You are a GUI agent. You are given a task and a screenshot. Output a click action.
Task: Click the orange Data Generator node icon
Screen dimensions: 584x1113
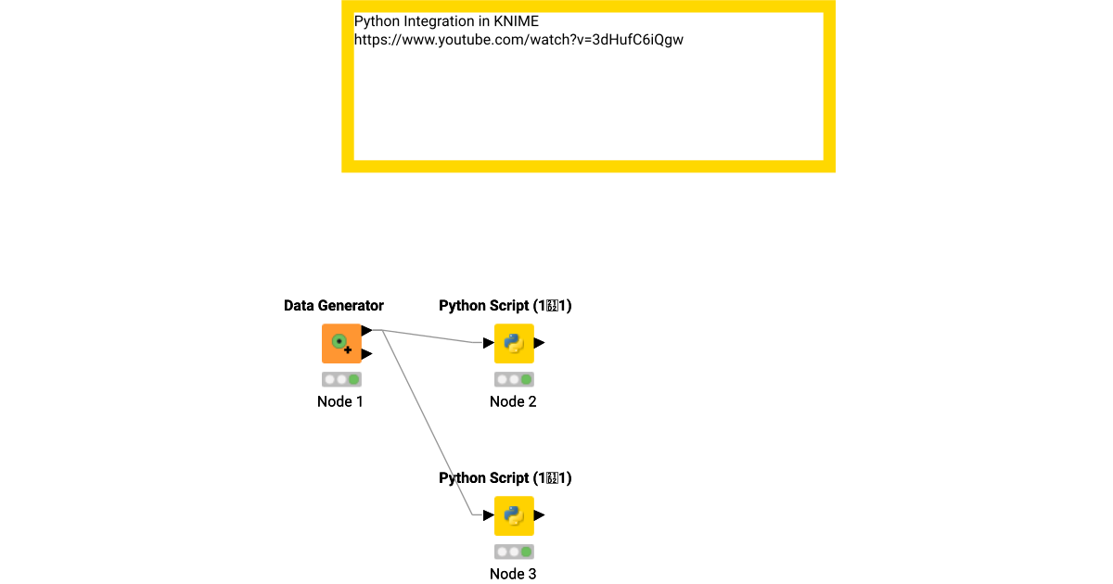click(341, 344)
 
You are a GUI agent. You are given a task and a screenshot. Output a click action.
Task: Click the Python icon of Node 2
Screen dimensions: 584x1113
click(514, 344)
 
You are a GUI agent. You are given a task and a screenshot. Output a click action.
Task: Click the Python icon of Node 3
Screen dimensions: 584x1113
click(514, 515)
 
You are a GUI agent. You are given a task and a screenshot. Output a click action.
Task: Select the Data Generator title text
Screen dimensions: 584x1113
click(334, 306)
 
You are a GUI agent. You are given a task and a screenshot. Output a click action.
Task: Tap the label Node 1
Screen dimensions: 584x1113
click(340, 401)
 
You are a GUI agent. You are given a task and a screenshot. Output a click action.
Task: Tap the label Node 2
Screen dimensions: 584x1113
click(513, 401)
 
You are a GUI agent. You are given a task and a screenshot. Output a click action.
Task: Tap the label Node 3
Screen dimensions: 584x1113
click(513, 574)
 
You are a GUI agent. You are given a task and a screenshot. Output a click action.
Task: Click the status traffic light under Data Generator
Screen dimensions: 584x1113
click(341, 379)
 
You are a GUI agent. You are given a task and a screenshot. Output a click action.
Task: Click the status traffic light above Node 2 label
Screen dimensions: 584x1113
click(514, 379)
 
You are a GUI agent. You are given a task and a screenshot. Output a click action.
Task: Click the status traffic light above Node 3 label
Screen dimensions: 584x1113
click(514, 552)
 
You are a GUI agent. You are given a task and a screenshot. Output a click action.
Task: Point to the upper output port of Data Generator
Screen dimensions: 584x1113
click(367, 330)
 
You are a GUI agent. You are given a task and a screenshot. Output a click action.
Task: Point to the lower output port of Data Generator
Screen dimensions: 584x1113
click(367, 354)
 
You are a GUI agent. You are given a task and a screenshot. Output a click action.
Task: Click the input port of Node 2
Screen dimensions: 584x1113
click(488, 343)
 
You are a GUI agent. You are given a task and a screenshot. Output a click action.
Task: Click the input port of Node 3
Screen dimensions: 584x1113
click(488, 515)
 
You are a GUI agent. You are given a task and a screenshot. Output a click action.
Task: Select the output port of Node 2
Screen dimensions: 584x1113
click(540, 343)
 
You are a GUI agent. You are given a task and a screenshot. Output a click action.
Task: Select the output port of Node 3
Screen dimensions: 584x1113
click(540, 515)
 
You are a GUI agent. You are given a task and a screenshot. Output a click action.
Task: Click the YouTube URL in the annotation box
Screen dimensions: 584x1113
click(518, 40)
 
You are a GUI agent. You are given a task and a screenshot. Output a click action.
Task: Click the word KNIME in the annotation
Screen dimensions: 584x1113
click(516, 20)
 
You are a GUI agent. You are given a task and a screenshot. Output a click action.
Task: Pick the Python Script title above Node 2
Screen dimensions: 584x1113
click(505, 306)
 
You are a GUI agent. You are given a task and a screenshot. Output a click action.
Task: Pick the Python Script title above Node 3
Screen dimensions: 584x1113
click(505, 478)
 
